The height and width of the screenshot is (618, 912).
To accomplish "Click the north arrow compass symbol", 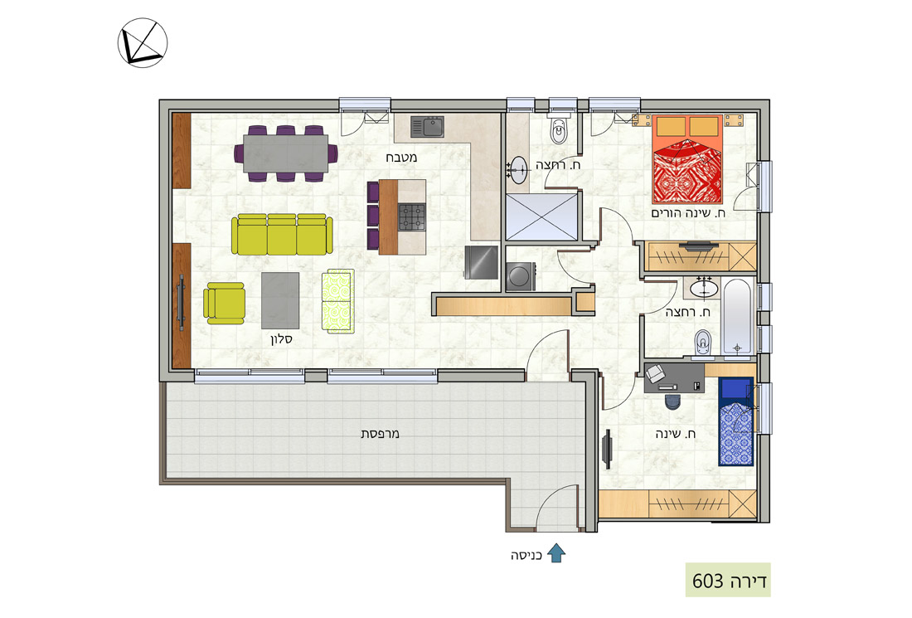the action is point(143,42).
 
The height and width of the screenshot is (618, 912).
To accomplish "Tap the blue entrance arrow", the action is point(556,552).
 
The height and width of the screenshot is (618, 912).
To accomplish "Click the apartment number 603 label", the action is point(728,580).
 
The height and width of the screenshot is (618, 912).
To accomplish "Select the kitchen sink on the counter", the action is point(428,127).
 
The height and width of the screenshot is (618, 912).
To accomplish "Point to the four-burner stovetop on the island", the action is point(412,217).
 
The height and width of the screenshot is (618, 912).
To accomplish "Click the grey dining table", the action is point(285,153).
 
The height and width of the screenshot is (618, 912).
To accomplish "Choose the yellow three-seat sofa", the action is point(282,235).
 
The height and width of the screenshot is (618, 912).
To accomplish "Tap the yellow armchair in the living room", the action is point(224,303).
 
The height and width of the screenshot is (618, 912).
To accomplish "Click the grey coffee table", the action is point(280,300).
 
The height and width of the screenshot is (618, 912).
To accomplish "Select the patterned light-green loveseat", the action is point(338,301).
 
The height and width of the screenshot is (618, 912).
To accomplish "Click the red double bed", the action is point(687,158).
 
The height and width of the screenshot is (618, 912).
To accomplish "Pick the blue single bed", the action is point(736,421).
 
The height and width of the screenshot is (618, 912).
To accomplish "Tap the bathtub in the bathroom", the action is point(737,317).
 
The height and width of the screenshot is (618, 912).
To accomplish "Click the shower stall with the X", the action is point(542,217).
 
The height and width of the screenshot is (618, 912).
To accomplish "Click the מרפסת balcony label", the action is point(380,434).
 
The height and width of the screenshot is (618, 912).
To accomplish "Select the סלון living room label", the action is point(281,338).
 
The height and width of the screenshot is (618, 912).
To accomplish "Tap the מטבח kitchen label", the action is point(401,157).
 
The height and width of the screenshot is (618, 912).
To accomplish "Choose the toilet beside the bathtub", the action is point(703,342).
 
